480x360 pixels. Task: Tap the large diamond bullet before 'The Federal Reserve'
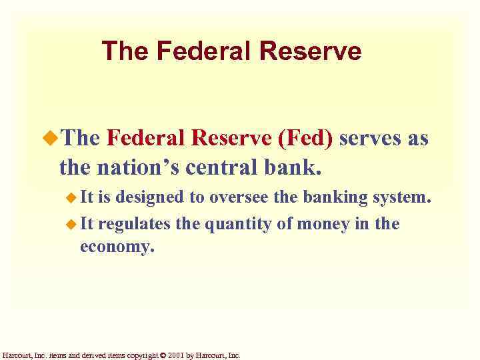pyautogui.click(x=51, y=139)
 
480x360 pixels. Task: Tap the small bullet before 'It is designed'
pyautogui.click(x=71, y=198)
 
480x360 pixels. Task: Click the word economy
pyautogui.click(x=117, y=247)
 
